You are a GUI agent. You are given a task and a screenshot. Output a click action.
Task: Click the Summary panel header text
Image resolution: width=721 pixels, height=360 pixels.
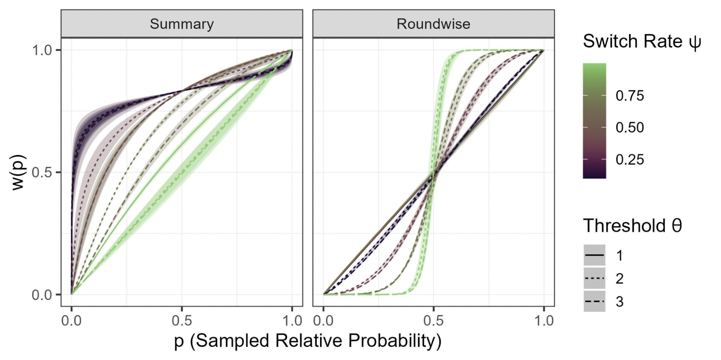182,24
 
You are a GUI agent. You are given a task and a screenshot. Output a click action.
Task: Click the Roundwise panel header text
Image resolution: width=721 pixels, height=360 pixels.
433,24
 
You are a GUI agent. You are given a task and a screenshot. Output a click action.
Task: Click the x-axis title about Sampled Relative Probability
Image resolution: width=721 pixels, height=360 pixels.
308,341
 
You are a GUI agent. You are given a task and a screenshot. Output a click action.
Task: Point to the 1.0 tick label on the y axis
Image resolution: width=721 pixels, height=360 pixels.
42,50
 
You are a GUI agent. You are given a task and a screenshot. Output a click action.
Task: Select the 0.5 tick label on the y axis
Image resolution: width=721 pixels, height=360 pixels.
42,173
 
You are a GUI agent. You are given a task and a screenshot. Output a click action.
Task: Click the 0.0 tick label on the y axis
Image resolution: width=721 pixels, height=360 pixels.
42,295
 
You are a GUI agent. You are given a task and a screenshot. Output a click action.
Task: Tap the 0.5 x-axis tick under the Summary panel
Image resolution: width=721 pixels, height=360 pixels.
182,320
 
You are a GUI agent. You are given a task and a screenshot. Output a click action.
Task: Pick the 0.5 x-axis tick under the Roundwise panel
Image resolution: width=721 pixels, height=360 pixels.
433,320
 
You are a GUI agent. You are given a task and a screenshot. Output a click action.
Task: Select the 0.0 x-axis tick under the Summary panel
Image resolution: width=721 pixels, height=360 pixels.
71,320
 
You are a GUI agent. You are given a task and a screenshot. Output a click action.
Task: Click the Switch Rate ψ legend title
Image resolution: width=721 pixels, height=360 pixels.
642,41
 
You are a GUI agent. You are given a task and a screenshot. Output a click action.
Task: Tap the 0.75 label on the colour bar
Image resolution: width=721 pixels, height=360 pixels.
629,96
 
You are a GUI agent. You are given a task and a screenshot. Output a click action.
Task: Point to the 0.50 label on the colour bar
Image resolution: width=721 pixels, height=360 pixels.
629,128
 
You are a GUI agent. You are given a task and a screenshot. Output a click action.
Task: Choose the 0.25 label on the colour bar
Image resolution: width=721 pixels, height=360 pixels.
629,160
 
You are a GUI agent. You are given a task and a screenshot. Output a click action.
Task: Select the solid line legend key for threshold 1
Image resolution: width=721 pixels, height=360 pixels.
594,255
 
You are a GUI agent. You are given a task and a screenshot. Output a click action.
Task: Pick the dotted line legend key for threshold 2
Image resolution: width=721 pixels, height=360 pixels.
594,279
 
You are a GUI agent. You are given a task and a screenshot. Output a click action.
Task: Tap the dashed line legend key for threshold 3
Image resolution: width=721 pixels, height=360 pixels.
594,301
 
